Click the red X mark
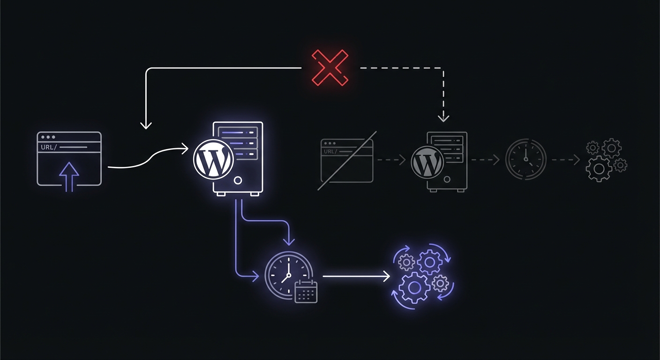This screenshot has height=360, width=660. pos(330,68)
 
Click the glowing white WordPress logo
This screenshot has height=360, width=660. pos(213,160)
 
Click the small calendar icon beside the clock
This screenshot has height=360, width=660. pos(306,292)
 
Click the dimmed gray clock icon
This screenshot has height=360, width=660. pos(525,159)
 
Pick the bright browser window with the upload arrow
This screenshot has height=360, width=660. pos(69,158)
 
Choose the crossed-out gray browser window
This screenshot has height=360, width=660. pos(347,160)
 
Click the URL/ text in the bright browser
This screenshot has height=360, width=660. pos(48,147)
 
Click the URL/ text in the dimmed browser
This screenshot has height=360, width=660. pos(330,151)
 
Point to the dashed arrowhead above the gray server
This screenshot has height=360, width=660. pos(443,118)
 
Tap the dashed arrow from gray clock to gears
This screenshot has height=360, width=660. pos(566,159)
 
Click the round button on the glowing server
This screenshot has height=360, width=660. pos(238,180)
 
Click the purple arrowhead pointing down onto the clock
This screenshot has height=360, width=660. pos(290,241)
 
